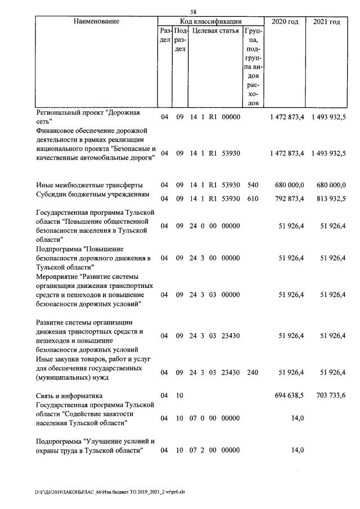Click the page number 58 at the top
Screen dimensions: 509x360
[x=193, y=12]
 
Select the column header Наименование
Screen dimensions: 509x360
[x=96, y=21]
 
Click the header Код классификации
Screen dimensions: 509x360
[x=211, y=21]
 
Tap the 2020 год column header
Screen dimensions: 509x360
[x=285, y=21]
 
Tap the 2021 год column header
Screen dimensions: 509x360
[x=326, y=21]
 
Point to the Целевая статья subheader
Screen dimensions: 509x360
[x=215, y=30]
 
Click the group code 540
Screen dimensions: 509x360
[x=253, y=184]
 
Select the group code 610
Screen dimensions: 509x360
[x=253, y=197]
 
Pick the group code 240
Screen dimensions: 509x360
[x=253, y=372]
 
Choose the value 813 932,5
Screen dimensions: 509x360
[x=328, y=197]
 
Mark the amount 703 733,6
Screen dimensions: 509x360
[x=328, y=395]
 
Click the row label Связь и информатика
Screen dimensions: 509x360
[x=69, y=395]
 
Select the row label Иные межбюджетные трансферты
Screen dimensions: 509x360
[x=89, y=184]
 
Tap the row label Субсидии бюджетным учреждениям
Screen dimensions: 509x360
[x=92, y=195]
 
